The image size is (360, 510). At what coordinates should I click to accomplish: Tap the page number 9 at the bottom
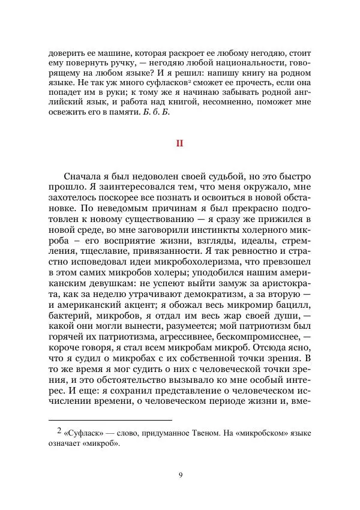click(x=180, y=476)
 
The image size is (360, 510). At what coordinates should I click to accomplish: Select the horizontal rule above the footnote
click(x=110, y=421)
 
